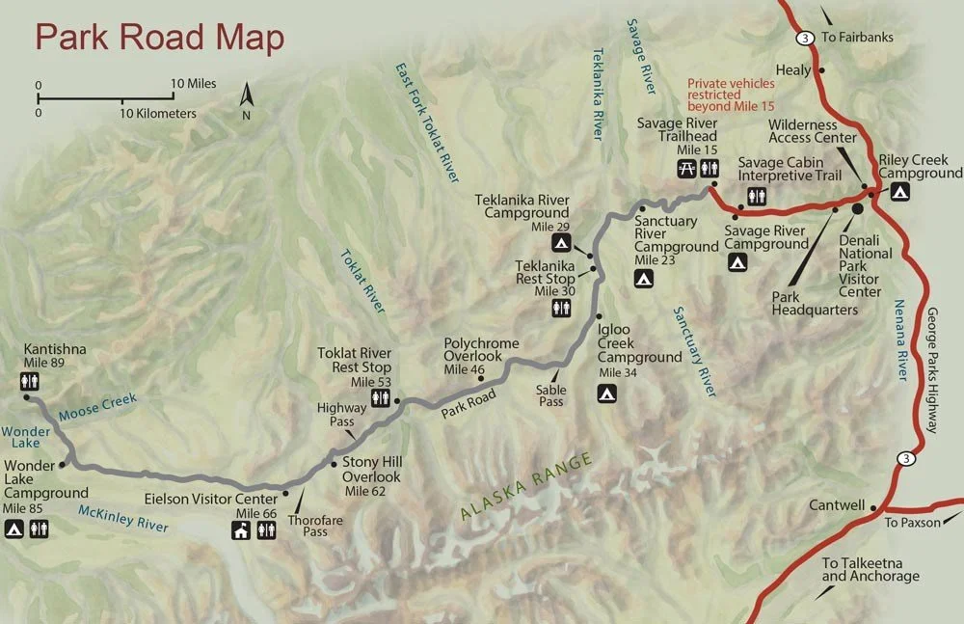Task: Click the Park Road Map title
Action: pos(159,38)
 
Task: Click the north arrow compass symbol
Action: pos(246,99)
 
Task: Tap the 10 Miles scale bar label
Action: pos(194,84)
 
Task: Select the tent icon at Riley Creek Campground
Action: pos(898,193)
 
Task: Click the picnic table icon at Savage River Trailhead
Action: pos(686,168)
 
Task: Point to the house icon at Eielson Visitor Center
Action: pos(241,530)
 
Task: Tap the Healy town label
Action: pos(795,69)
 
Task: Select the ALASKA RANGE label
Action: pos(525,487)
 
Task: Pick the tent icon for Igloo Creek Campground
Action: pos(606,393)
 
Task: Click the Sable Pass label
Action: pos(550,394)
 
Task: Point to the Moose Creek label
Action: pos(97,406)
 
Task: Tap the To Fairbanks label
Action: pos(857,38)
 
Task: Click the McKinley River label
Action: pos(123,519)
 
